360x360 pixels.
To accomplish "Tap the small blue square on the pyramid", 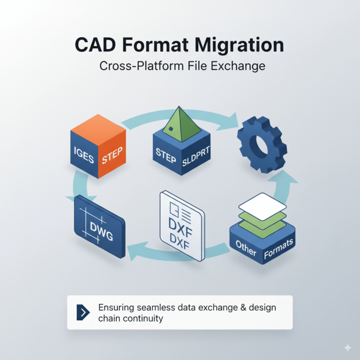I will coord(172,129).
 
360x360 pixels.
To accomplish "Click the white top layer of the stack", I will coord(262,202).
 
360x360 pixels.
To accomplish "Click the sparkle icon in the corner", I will coord(347,347).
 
